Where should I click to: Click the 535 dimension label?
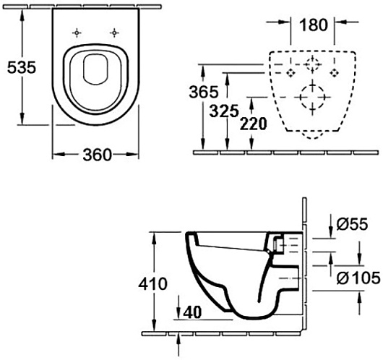22,67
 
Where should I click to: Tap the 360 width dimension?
97,155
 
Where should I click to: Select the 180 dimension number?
314,25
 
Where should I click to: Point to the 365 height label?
204,92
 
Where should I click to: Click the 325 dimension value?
224,111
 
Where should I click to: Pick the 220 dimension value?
254,124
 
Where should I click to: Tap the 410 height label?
153,284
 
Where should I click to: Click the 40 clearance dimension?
192,312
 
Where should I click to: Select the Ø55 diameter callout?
352,224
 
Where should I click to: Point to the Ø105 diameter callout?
358,278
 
